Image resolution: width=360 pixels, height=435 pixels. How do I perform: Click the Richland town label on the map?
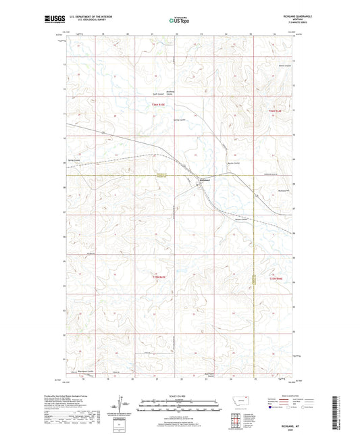pyautogui.click(x=206, y=180)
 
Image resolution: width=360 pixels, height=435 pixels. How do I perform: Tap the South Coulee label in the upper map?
pyautogui.click(x=157, y=94)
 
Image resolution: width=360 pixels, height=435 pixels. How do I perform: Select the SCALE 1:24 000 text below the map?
pyautogui.click(x=180, y=394)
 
